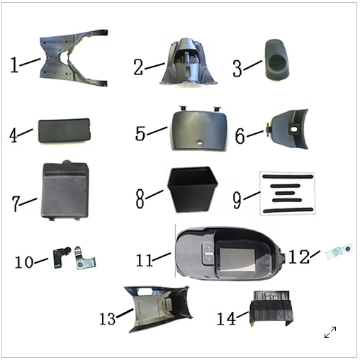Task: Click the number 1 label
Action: pos(14,65)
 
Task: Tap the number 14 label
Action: pos(226,318)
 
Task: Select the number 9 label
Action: pos(237,200)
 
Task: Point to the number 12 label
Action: pos(299,257)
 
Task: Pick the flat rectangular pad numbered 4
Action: pos(64,130)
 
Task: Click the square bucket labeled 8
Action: pos(193,189)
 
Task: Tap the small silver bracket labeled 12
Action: pos(339,252)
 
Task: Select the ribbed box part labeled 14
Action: pos(271,308)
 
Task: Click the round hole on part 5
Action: pos(201,142)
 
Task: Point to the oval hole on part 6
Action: pos(294,130)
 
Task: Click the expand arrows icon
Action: pos(330,332)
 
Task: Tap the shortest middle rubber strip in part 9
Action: pos(285,193)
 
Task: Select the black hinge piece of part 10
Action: pos(61,257)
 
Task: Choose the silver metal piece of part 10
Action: pos(85,258)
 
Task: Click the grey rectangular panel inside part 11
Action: pos(237,259)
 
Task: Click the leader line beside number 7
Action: pos(28,202)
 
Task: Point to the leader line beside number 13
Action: pos(125,313)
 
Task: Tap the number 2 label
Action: pos(138,67)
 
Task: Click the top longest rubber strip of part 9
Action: pos(288,176)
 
